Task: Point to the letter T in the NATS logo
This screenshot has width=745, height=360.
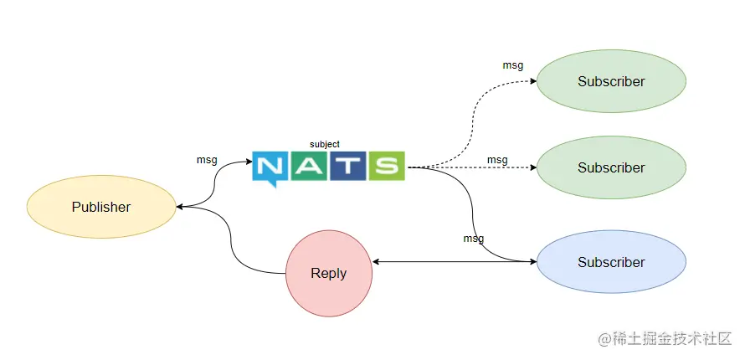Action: coord(347,166)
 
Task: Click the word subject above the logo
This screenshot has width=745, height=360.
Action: coord(325,144)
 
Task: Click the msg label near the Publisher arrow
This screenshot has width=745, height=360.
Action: coord(207,159)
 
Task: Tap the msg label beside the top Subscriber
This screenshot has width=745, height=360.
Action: coord(513,65)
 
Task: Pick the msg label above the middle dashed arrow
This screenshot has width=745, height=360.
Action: coord(497,159)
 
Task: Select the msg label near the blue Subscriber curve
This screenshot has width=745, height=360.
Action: coord(474,238)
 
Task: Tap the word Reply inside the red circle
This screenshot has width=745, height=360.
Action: coord(329,274)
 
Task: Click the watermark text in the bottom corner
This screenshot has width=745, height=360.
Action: coord(665,339)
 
